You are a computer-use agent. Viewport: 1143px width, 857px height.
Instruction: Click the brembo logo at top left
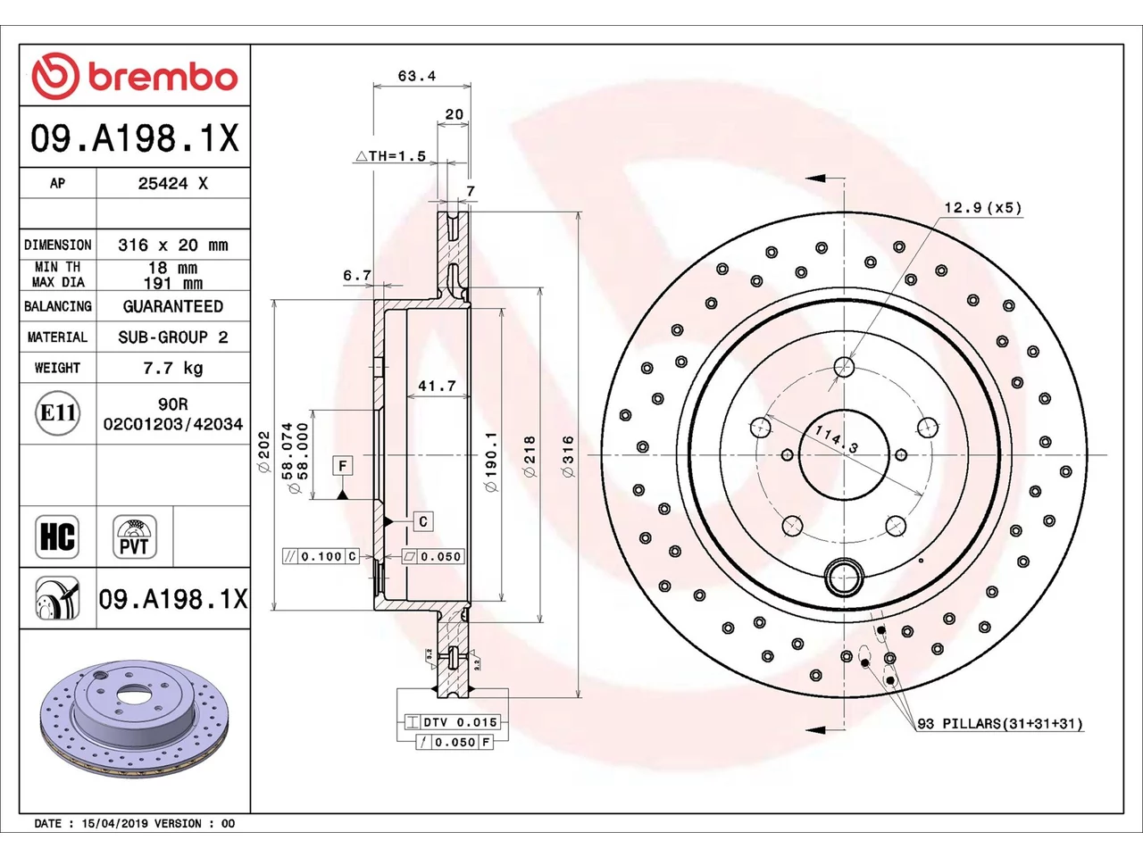[x=134, y=76]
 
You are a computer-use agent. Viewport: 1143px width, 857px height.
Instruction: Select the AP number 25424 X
[x=173, y=183]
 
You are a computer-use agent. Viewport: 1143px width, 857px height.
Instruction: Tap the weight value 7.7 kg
[x=173, y=368]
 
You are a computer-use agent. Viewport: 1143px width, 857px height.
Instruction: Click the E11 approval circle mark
[x=57, y=413]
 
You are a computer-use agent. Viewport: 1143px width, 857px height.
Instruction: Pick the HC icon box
[x=57, y=537]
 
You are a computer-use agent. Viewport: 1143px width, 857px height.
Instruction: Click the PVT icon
[x=134, y=537]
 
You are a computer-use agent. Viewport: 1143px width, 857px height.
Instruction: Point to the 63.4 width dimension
[x=417, y=76]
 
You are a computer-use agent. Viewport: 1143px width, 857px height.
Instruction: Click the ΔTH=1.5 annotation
[x=390, y=155]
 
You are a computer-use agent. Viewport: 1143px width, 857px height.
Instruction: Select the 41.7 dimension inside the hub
[x=437, y=386]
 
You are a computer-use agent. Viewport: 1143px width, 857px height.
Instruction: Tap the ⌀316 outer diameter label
[x=568, y=456]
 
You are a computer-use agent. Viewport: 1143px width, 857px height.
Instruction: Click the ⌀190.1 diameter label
[x=491, y=462]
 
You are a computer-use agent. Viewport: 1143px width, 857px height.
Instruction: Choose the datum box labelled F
[x=343, y=465]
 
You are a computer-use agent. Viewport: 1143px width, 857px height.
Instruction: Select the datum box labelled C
[x=423, y=521]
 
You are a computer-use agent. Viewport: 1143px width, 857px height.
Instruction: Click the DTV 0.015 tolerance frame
[x=453, y=722]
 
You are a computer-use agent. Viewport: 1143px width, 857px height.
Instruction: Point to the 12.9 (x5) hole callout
[x=983, y=208]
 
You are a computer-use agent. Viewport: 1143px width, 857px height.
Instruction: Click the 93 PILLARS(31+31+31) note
[x=1000, y=724]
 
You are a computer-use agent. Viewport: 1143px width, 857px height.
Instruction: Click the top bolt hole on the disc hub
[x=844, y=367]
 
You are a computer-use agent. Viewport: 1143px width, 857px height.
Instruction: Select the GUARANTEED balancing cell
[x=173, y=306]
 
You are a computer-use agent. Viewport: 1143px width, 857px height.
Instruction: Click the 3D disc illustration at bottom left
[x=134, y=720]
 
